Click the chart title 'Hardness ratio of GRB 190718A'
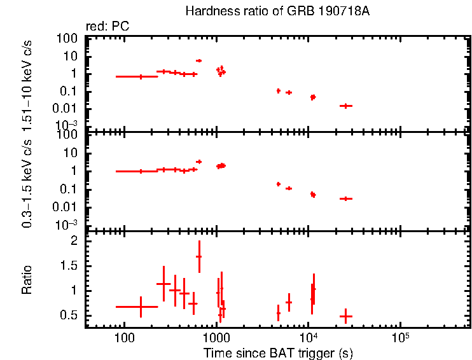click(x=277, y=11)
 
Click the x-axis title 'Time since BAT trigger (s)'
click(x=277, y=352)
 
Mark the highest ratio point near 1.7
click(x=199, y=256)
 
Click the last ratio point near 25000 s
click(x=345, y=316)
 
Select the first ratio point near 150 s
click(x=141, y=307)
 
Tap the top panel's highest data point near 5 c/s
click(x=199, y=60)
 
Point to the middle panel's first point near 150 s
click(x=141, y=171)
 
